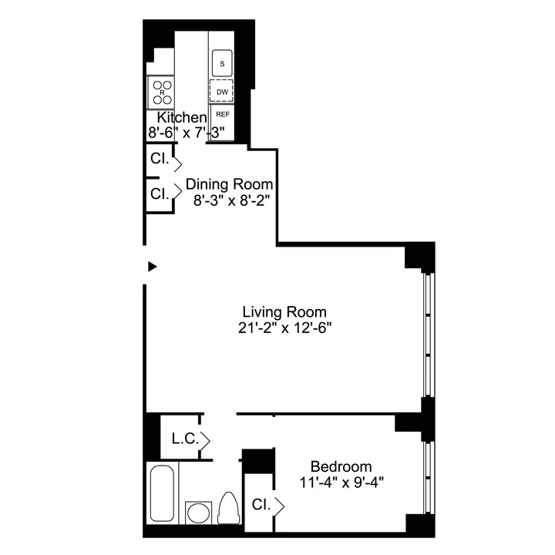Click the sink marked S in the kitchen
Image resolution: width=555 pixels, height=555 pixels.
222,63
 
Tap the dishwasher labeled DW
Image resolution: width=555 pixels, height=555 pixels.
222,91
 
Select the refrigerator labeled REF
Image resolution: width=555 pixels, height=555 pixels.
222,115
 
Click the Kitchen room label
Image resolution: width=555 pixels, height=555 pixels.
182,118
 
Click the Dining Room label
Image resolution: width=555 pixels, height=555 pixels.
230,185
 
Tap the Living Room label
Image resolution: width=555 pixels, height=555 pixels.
284,312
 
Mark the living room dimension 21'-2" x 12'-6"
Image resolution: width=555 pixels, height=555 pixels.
284,328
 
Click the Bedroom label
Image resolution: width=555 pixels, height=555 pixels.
341,466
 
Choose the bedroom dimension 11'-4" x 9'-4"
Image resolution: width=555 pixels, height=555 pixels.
341,482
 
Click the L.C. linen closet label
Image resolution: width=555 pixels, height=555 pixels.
186,439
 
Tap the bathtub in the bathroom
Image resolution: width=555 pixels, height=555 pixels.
162,493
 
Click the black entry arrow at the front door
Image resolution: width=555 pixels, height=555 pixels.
153,267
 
